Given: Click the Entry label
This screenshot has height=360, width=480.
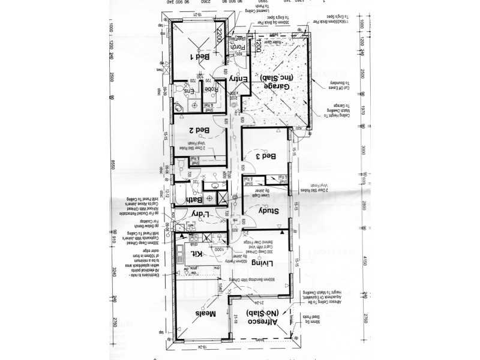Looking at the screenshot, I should click(x=237, y=79).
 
